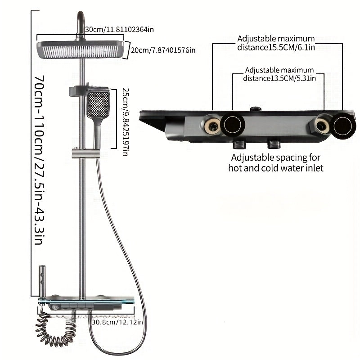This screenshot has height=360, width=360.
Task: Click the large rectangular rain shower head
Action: click(81, 49)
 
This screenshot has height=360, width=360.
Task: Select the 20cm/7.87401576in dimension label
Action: click(163, 49)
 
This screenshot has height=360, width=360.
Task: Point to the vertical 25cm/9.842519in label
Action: click(125, 121)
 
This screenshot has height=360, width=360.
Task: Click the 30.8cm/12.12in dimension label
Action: click(117, 322)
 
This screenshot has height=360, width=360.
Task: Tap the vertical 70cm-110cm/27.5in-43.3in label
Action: click(38, 160)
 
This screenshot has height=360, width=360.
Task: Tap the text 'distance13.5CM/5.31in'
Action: click(279, 78)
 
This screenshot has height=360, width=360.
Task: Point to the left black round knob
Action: click(233, 126)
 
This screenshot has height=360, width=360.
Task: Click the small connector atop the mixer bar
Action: click(256, 109)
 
